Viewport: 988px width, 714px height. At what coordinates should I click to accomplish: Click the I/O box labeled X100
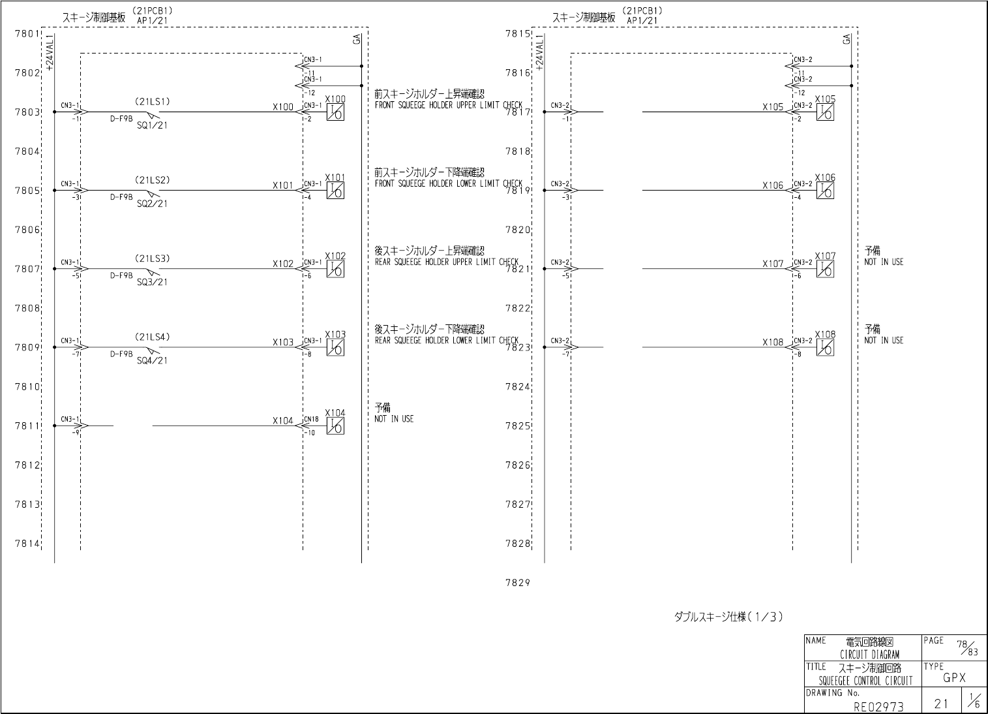(x=335, y=112)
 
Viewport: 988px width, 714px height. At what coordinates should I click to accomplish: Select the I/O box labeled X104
(x=335, y=426)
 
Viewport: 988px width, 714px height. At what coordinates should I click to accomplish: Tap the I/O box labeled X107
(x=825, y=269)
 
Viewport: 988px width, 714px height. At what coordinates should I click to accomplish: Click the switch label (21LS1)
(x=152, y=102)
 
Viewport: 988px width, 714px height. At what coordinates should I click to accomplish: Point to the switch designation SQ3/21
(x=152, y=282)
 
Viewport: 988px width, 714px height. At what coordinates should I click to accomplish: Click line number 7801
(x=27, y=33)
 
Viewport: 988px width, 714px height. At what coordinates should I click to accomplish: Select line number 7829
(x=517, y=583)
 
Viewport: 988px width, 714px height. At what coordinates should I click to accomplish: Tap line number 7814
(x=27, y=544)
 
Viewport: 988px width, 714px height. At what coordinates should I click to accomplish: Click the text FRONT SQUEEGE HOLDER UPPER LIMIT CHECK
(x=448, y=105)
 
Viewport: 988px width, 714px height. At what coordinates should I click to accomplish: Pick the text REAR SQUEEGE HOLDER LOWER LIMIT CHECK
(x=446, y=341)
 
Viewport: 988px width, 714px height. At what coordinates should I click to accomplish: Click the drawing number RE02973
(x=878, y=706)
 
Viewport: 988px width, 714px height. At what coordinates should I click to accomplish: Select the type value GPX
(x=954, y=678)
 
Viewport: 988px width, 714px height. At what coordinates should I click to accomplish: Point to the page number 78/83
(x=966, y=646)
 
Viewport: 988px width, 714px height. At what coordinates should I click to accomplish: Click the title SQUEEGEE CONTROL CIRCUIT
(x=865, y=681)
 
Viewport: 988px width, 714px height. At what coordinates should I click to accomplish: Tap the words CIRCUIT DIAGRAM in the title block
(x=869, y=655)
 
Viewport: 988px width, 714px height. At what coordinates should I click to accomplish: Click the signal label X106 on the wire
(x=773, y=186)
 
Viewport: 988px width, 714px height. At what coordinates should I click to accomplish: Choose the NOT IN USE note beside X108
(x=884, y=341)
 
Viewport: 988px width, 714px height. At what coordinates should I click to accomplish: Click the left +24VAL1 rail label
(x=50, y=52)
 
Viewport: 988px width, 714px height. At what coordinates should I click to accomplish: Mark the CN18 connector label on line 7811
(x=311, y=419)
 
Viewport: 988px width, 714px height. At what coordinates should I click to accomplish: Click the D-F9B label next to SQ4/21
(x=121, y=354)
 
